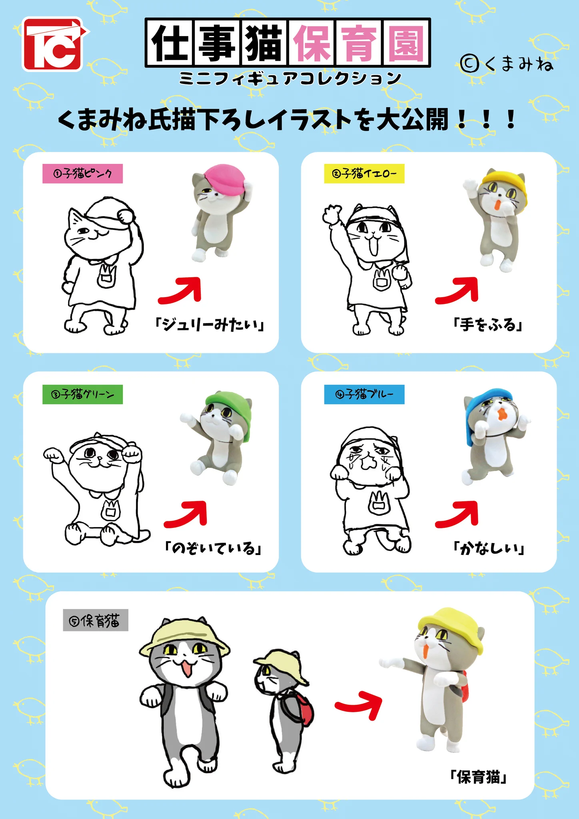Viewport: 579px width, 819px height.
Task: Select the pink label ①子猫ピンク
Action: [82, 174]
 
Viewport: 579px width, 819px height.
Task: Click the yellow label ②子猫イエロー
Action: [364, 174]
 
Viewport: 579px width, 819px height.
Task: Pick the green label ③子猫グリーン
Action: [82, 394]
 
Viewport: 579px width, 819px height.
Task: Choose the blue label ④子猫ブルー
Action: [364, 394]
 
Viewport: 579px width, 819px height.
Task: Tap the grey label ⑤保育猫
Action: [96, 620]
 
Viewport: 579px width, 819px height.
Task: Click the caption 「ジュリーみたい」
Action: [210, 324]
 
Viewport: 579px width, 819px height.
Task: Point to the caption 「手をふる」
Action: [488, 324]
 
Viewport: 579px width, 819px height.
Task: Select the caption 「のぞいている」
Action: [213, 548]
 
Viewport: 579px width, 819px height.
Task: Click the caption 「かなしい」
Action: [488, 548]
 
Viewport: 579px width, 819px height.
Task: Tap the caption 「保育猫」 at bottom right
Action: [478, 777]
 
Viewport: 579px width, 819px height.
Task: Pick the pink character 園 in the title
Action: [406, 43]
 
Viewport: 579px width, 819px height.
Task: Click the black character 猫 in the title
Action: [264, 43]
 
